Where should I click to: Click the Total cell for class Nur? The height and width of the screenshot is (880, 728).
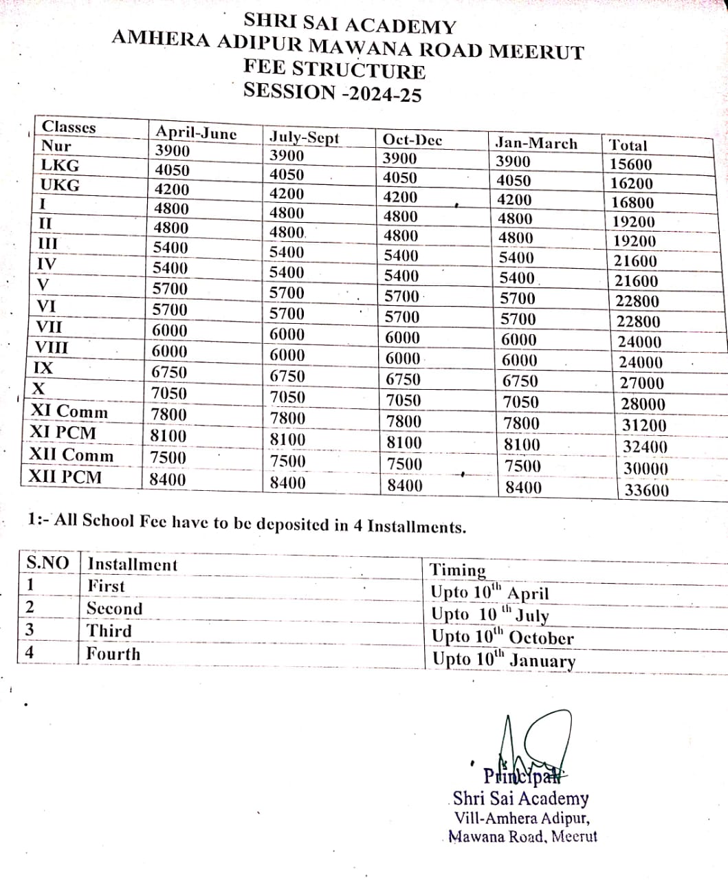point(630,164)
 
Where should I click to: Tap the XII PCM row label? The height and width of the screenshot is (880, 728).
point(65,476)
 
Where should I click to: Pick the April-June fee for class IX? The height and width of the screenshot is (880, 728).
point(169,372)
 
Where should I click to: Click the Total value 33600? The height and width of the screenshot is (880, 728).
point(646,490)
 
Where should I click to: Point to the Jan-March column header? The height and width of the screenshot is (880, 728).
point(536,143)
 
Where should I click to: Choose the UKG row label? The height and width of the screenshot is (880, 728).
point(60,185)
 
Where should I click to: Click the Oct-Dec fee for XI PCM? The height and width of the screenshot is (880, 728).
point(404,442)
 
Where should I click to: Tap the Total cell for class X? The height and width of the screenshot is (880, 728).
point(643,404)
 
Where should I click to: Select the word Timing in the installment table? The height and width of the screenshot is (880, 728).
point(458,570)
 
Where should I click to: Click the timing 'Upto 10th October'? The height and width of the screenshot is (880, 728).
point(502,637)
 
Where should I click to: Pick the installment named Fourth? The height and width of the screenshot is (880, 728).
point(113,654)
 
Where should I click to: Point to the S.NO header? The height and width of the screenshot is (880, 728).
point(47,563)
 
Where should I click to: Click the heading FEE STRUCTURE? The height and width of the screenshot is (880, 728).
point(334,70)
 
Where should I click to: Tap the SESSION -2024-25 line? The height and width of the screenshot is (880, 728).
point(333,92)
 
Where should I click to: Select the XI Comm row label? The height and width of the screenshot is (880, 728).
point(69,412)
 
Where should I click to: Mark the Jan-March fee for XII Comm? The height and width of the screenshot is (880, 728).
point(522,465)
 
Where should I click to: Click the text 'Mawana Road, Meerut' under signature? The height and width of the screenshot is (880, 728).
point(522,837)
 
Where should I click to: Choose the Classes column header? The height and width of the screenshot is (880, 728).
point(69,126)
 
